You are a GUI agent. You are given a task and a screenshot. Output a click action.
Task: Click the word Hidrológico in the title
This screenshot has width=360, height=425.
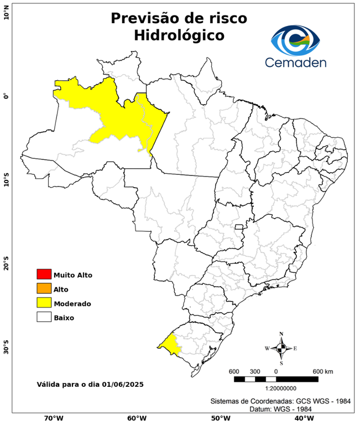pyautogui.click(x=179, y=35)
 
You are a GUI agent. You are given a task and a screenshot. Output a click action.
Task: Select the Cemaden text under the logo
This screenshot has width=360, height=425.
pyautogui.click(x=295, y=63)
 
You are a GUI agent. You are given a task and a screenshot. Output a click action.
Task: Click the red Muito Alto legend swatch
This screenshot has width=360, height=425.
pyautogui.click(x=44, y=274)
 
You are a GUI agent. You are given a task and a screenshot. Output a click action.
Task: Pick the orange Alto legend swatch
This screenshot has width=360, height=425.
pyautogui.click(x=44, y=288)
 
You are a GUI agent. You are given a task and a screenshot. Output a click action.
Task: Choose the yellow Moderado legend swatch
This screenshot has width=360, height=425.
pyautogui.click(x=44, y=303)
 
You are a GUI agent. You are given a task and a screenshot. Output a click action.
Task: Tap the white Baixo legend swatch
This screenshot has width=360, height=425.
pyautogui.click(x=44, y=317)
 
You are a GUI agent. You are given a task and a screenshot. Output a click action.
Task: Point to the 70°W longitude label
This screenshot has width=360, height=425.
pyautogui.click(x=53, y=418)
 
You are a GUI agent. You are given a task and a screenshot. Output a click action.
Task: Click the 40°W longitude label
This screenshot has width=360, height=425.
pyautogui.click(x=302, y=418)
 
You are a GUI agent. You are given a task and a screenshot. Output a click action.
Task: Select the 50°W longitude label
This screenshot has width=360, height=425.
pyautogui.click(x=219, y=418)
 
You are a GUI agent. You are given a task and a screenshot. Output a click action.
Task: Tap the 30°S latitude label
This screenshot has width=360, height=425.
pyautogui.click(x=6, y=350)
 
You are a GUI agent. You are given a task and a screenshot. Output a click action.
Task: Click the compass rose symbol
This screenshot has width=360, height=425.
pyautogui.click(x=281, y=348)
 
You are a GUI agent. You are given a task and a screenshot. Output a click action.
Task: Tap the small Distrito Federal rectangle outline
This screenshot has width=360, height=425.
pyautogui.click(x=239, y=227)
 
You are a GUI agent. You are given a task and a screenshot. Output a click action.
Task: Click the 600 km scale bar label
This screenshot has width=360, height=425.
pyautogui.click(x=322, y=371)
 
